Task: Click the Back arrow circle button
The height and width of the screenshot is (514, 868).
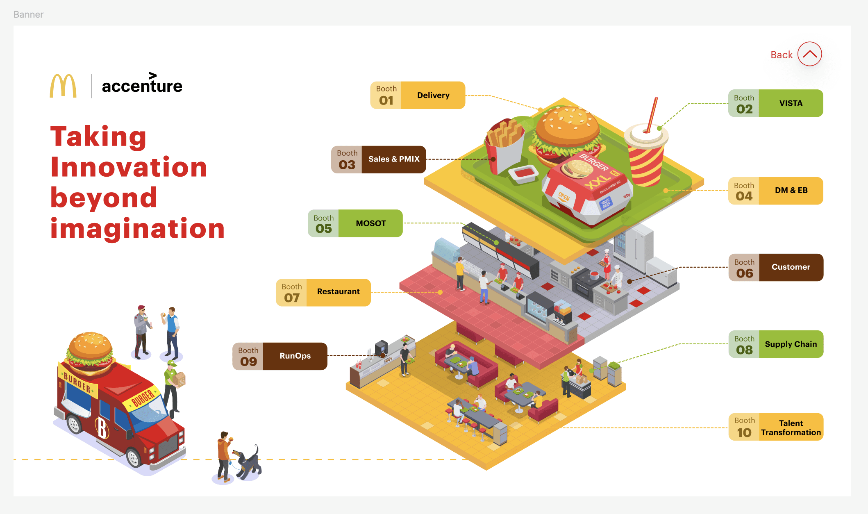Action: tap(809, 54)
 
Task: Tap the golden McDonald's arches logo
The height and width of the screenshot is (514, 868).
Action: tap(63, 86)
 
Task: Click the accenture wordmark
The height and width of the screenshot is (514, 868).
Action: tap(142, 85)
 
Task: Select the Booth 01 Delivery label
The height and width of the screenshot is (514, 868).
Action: tap(418, 95)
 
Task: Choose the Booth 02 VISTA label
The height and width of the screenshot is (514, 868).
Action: tap(775, 103)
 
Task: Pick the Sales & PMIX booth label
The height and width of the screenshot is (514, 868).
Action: tap(379, 159)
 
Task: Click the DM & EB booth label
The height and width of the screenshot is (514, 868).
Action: tap(775, 191)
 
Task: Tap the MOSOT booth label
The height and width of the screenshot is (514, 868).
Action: tap(355, 223)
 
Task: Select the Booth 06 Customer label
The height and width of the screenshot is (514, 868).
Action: tap(776, 267)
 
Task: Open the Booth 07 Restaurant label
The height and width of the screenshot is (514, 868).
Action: tap(323, 292)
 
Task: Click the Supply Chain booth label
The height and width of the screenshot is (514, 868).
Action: tap(776, 344)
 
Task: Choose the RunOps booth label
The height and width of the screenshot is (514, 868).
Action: tap(280, 356)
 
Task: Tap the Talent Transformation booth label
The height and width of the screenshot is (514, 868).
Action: tap(776, 427)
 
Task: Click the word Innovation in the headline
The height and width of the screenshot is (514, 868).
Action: tap(129, 167)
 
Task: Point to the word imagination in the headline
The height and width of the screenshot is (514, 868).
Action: tap(137, 228)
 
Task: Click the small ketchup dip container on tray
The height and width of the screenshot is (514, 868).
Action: tap(523, 173)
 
